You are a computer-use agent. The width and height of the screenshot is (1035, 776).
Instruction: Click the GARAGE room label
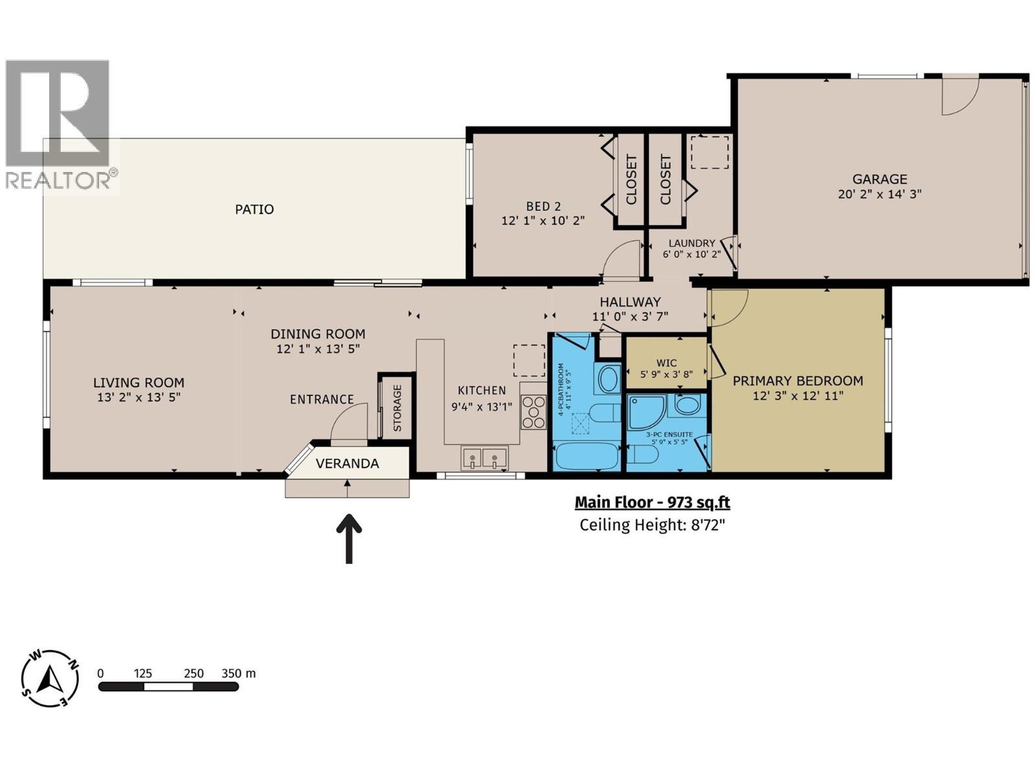[x=879, y=179]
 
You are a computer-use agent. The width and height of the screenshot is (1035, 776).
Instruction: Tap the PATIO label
[x=254, y=209]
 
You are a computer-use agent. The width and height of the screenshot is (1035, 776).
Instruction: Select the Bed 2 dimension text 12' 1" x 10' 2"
[x=543, y=221]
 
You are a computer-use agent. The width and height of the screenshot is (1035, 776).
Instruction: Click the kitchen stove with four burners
[x=534, y=413]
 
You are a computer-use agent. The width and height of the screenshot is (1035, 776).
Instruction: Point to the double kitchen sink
[x=484, y=458]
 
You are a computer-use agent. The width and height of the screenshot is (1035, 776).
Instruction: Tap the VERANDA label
[x=347, y=464]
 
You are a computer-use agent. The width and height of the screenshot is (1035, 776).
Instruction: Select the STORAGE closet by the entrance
[x=397, y=407]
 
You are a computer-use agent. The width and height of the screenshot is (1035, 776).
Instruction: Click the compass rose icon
[x=50, y=678]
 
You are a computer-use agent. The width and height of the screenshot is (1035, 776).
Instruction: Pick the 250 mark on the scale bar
[x=193, y=673]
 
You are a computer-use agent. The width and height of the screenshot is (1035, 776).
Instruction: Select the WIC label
[x=666, y=363]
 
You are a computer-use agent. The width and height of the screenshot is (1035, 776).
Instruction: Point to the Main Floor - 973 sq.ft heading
[x=652, y=502]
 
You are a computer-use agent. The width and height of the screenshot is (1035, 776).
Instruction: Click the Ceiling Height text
[x=652, y=524]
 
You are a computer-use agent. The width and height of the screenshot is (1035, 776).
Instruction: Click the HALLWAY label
[x=629, y=302]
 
